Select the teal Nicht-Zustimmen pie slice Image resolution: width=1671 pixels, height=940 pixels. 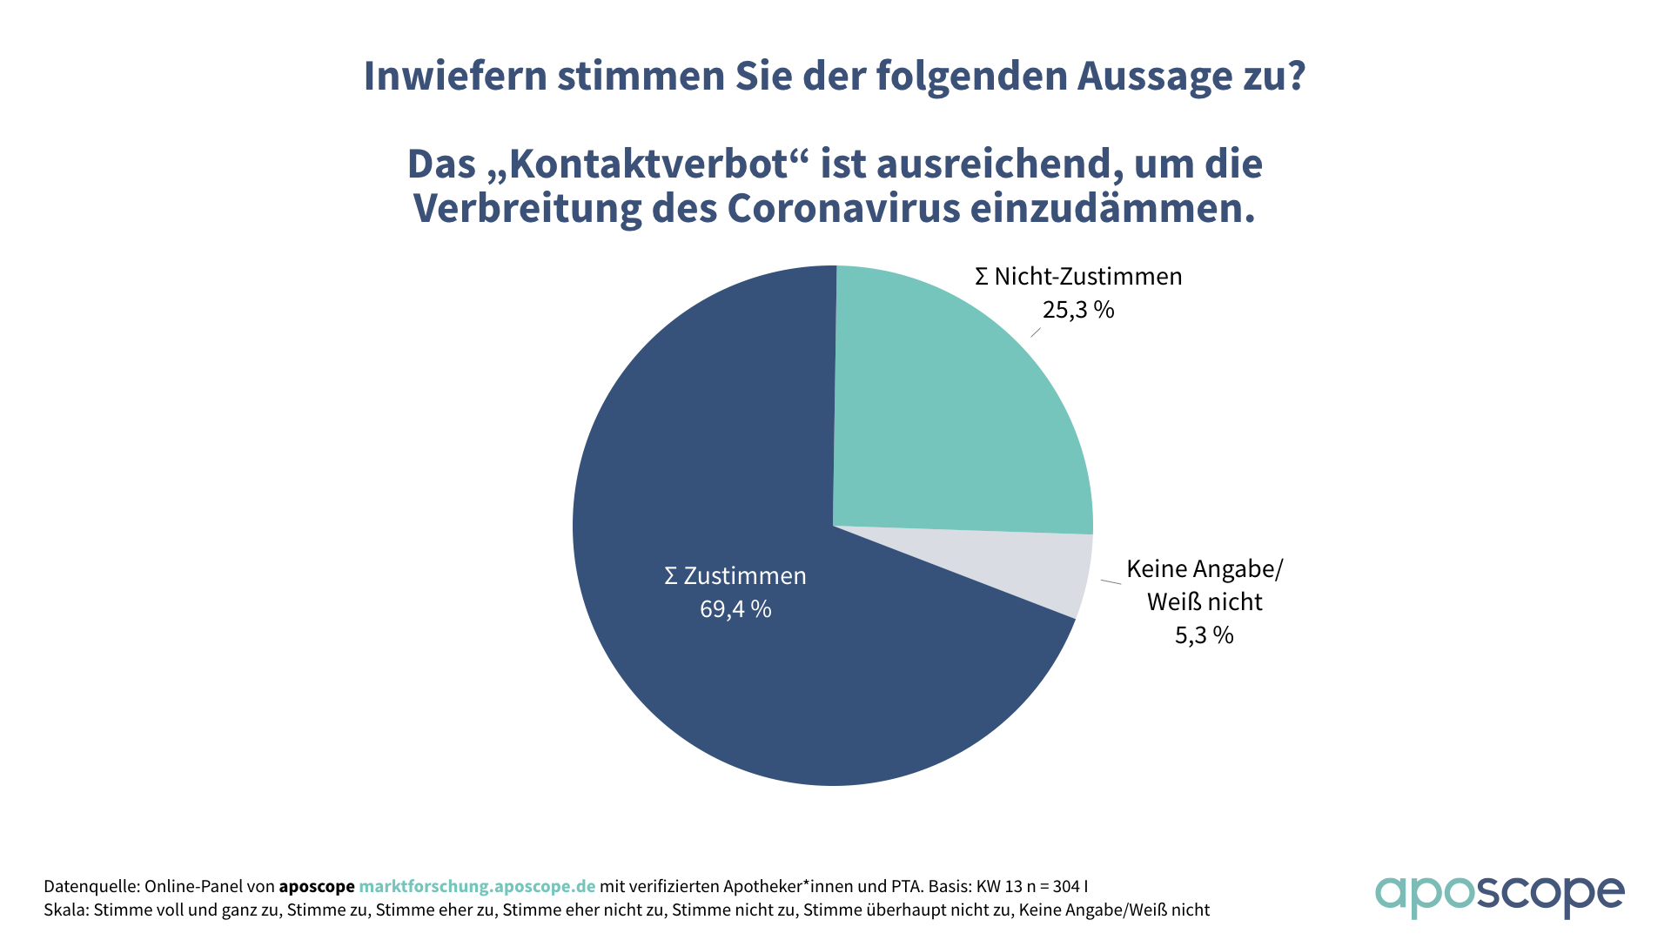[x=957, y=409]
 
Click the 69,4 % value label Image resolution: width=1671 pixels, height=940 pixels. [x=735, y=609]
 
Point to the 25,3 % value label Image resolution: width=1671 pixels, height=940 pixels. [x=1078, y=310]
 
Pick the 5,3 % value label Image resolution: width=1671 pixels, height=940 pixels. [x=1205, y=635]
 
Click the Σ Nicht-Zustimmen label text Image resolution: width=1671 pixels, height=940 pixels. [x=1079, y=277]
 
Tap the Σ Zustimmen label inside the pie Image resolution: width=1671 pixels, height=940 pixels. [x=735, y=576]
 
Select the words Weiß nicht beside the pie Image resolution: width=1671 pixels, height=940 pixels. [x=1205, y=602]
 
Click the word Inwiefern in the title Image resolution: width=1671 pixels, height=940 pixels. [x=454, y=77]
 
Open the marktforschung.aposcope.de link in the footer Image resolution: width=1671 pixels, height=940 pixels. [x=477, y=886]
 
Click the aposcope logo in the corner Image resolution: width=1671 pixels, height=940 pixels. [x=1499, y=895]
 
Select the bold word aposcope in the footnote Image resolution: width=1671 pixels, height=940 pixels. [x=317, y=886]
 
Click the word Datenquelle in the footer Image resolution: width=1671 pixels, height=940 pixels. [x=91, y=886]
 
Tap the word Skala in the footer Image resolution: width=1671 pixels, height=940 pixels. [x=65, y=910]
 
